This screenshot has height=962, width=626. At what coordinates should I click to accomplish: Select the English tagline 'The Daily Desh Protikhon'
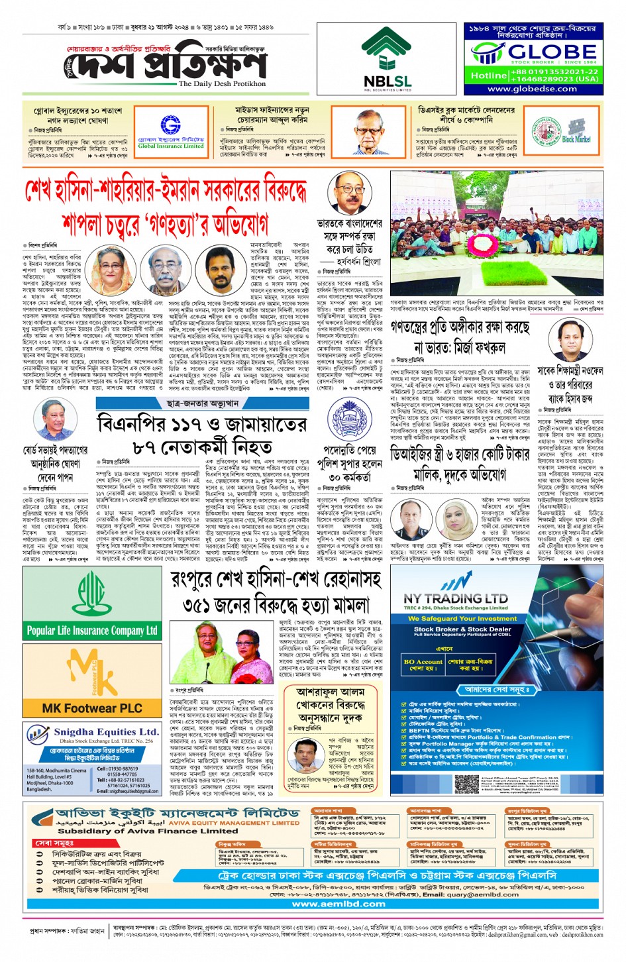[222, 83]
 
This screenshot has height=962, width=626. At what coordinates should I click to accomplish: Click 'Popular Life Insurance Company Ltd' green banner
[92, 630]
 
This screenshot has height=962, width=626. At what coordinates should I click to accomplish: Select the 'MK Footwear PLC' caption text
[92, 708]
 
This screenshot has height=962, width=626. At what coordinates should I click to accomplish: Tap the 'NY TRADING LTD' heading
[456, 598]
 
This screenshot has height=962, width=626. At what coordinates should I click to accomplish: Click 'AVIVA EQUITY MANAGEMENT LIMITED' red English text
[234, 823]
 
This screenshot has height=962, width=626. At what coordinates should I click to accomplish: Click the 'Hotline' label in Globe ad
[489, 76]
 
